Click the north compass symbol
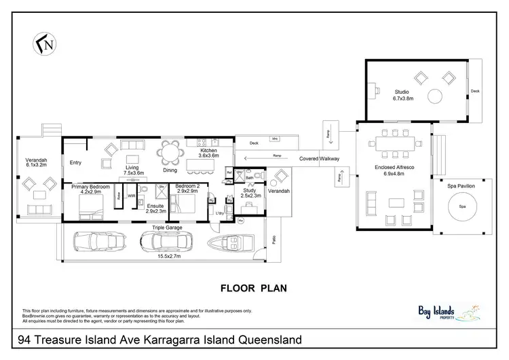44,44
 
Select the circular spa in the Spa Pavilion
464,206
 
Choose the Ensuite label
156,207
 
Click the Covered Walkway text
320,158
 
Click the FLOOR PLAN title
254,287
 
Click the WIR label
131,196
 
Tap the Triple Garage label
167,228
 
